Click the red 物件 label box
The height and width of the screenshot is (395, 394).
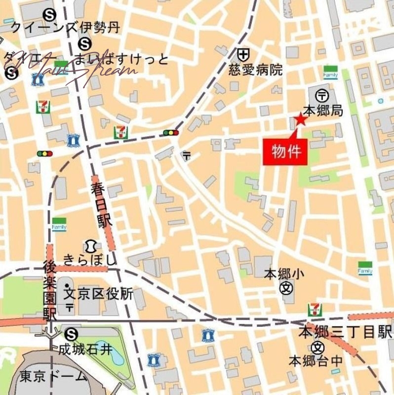pyautogui.click(x=286, y=152)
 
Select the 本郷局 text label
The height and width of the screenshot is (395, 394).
pyautogui.click(x=323, y=111)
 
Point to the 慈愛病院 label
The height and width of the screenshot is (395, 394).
pyautogui.click(x=256, y=70)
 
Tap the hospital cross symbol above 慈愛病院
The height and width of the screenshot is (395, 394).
pyautogui.click(x=242, y=53)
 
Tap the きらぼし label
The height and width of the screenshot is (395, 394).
pyautogui.click(x=90, y=259)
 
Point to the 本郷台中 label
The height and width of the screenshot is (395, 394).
pyautogui.click(x=315, y=361)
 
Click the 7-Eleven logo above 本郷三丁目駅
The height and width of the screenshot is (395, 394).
pyautogui.click(x=315, y=310)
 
